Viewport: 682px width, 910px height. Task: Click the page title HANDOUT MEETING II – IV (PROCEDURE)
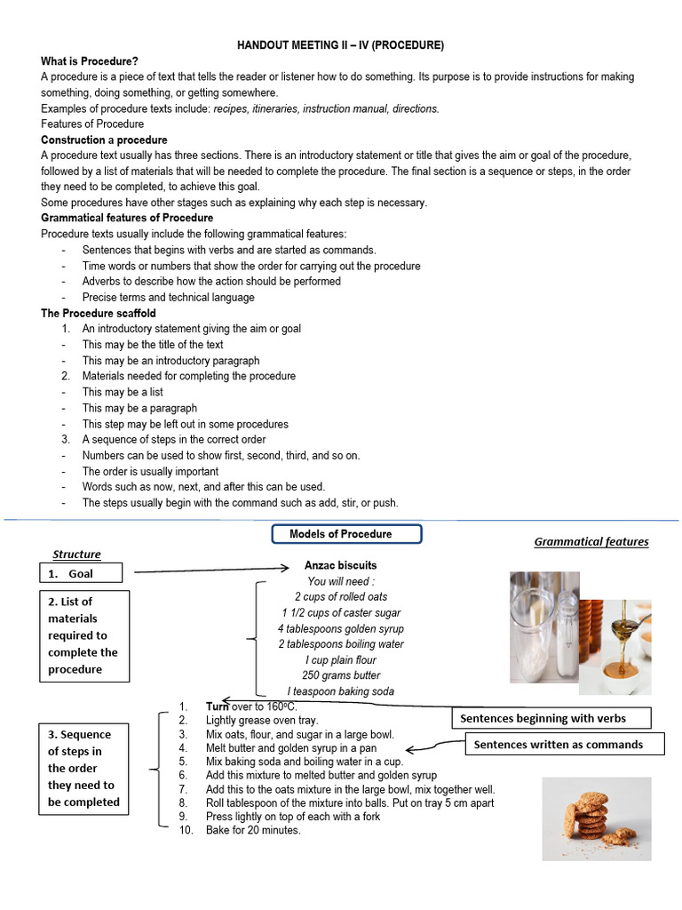[x=340, y=44]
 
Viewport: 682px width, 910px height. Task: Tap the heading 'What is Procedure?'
[x=89, y=60]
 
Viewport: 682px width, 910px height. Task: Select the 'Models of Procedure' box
[x=345, y=534]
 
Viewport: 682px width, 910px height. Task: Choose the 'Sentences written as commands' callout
[x=558, y=744]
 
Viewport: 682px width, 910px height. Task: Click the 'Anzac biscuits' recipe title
[x=340, y=565]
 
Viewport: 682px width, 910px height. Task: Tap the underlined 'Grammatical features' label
[x=591, y=541]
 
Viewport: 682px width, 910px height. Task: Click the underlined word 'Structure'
[x=76, y=554]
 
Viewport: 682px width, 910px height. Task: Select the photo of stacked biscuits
[x=596, y=818]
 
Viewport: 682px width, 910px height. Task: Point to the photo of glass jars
[x=544, y=627]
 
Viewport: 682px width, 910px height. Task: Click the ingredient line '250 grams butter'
[x=340, y=675]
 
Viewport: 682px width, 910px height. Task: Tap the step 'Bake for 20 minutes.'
[x=253, y=830]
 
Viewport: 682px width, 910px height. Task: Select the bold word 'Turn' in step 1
[x=218, y=705]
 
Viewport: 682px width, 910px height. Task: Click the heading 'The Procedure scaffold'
[x=98, y=313]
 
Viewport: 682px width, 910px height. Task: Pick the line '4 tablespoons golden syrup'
[x=340, y=628]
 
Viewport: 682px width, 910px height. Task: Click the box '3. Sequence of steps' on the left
[x=84, y=768]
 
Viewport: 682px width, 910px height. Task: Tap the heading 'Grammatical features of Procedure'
[x=127, y=218]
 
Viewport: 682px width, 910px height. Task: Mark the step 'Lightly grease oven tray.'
[x=262, y=720]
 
